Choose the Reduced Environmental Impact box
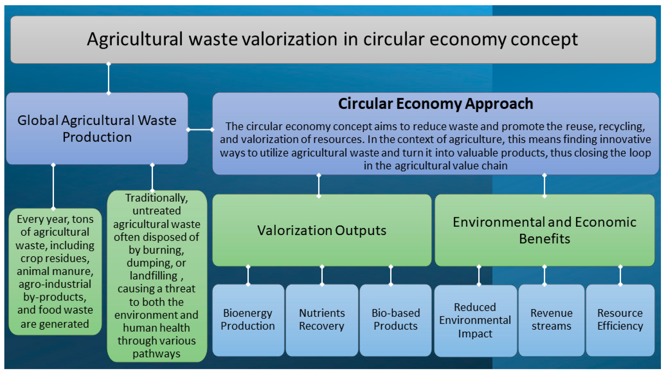pos(475,321)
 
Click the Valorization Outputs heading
pos(322,230)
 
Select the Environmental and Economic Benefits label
pos(545,230)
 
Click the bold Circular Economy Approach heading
pos(436,104)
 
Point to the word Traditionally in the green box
pos(156,198)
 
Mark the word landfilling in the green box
pos(154,276)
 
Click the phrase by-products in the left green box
pos(55,297)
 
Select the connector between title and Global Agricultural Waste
pos(109,78)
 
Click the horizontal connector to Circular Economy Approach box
pos(200,130)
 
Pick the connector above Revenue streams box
pos(545,276)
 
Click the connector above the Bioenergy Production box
pos(248,276)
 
